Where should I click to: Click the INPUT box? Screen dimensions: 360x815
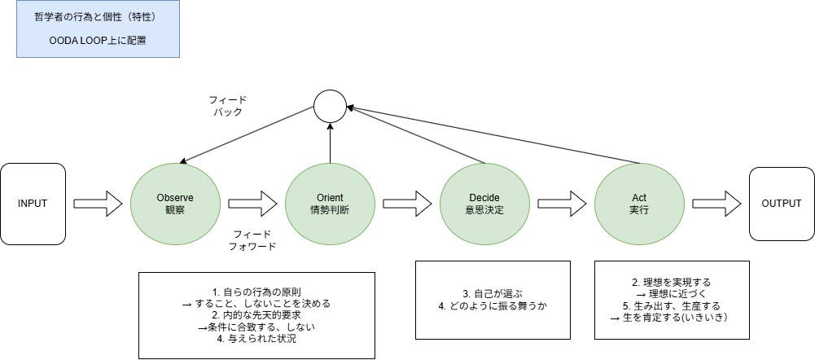click(33, 203)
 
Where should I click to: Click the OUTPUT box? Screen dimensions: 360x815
click(781, 203)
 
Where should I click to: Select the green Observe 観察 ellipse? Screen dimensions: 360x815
click(175, 203)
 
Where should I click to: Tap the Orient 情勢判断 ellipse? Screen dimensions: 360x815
click(330, 203)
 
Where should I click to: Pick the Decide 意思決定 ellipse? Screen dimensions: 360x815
click(484, 203)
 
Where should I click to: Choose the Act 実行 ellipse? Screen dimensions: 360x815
click(639, 203)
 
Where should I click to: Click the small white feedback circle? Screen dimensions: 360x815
click(330, 106)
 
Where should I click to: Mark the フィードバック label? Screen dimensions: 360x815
click(228, 106)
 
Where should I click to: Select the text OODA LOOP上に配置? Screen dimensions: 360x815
click(98, 40)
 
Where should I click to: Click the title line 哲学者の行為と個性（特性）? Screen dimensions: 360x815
click(98, 16)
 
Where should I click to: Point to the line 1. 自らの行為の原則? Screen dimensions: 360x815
click(256, 291)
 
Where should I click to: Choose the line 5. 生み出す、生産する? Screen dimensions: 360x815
click(672, 305)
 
